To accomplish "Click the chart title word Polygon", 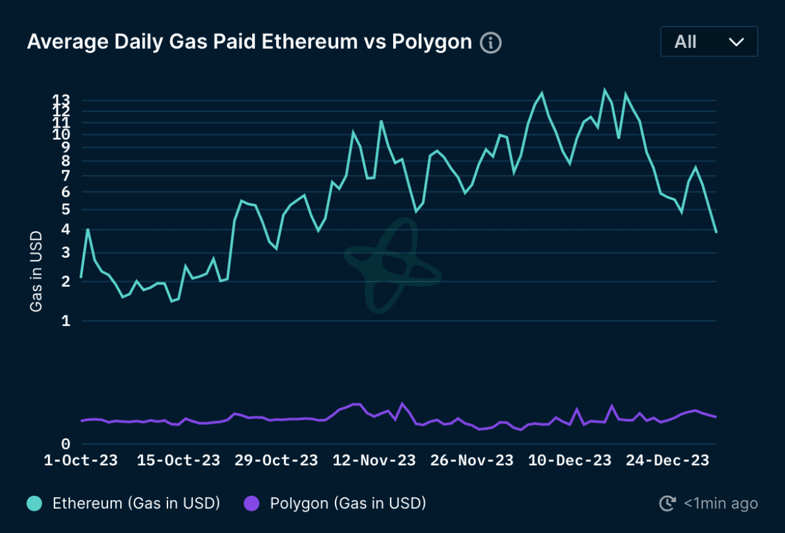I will coord(432,42).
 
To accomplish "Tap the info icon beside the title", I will coord(490,43).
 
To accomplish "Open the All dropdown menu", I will coord(709,42).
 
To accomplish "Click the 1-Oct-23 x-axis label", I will coord(81,460).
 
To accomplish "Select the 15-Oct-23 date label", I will coord(179,460).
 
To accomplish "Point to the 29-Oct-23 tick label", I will coord(276,460).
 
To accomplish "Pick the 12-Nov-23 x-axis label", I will coord(374,460).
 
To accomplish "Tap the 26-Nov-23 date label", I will coord(472,460).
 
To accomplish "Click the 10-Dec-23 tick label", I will coord(570,460).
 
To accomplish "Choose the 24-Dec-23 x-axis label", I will coord(667,460).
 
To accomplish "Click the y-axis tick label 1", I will coord(65,321).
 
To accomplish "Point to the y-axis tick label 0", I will coord(65,444).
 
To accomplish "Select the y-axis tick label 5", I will coord(65,209).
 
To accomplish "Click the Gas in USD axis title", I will coord(36,272).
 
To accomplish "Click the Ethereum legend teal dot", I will coord(34,503).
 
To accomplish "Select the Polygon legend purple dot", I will coord(252,503).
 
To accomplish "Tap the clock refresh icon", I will coord(667,503).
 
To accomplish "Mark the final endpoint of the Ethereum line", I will coord(716,232).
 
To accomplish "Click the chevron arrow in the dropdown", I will coord(736,42).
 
